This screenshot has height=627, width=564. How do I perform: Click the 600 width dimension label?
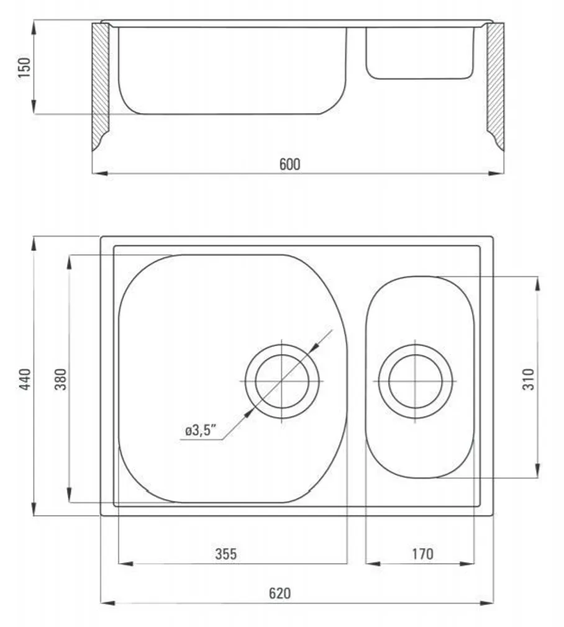(289, 164)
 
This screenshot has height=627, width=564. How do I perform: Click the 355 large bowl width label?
(225, 554)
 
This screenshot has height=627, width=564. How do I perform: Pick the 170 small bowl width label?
(422, 554)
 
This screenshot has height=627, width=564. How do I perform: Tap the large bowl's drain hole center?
(282, 380)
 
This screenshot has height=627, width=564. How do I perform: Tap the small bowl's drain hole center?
(416, 380)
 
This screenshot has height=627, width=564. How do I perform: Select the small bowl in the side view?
(419, 53)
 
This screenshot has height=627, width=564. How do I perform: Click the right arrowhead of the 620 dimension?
(488, 602)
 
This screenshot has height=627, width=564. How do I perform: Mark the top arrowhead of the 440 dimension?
(34, 242)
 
